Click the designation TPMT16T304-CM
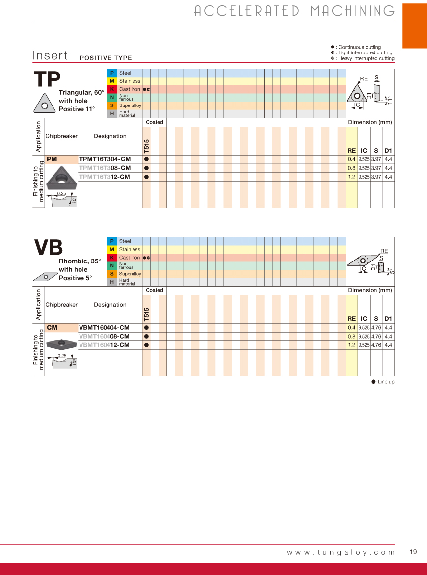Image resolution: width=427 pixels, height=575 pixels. (105, 159)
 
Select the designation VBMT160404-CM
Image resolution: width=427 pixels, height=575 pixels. (104, 328)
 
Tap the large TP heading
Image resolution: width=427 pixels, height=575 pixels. (47, 80)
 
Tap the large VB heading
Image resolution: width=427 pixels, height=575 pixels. (48, 248)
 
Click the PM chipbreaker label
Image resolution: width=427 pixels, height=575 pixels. (52, 159)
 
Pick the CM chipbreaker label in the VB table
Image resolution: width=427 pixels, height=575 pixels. (52, 328)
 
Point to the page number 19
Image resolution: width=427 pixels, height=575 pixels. (413, 552)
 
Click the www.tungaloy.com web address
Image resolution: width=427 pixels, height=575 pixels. (341, 552)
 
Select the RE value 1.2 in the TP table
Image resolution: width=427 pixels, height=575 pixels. (351, 177)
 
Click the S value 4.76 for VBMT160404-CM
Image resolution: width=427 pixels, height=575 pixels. (376, 328)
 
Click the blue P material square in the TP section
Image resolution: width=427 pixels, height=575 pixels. (112, 73)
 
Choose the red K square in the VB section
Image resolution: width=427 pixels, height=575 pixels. (112, 258)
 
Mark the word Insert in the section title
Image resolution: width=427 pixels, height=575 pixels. (50, 55)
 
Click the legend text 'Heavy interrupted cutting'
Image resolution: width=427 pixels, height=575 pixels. (366, 58)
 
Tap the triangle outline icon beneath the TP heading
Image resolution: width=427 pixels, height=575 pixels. (45, 103)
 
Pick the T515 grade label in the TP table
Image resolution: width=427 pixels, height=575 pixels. (146, 146)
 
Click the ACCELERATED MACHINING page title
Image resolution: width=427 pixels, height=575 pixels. (294, 11)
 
